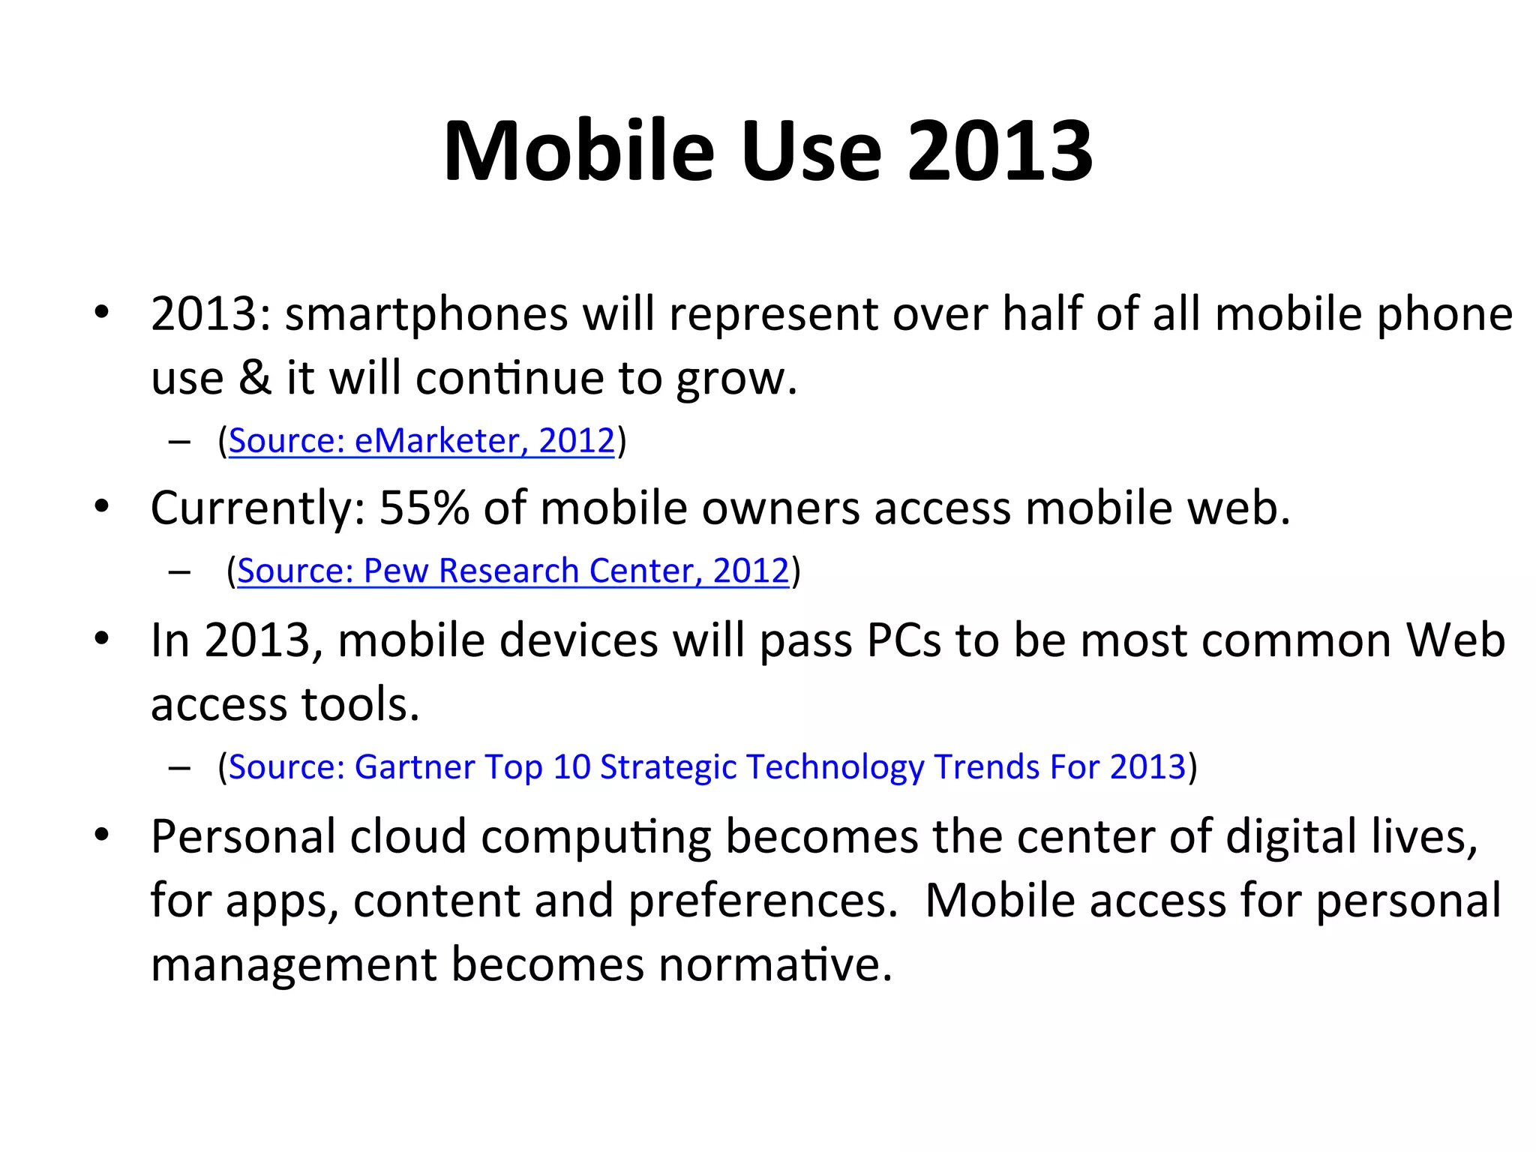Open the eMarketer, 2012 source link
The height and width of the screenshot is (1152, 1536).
click(421, 440)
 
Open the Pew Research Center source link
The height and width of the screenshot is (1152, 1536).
click(513, 571)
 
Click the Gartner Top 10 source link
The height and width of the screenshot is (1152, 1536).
click(706, 766)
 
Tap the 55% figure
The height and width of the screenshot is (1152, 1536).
click(424, 508)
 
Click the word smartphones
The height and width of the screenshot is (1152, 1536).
click(426, 313)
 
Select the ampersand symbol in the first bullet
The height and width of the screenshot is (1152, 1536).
click(254, 377)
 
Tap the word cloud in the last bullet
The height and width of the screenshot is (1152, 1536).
click(408, 835)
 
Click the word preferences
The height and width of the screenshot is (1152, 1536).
click(762, 900)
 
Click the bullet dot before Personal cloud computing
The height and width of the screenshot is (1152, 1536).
click(102, 834)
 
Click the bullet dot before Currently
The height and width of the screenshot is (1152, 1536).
click(102, 506)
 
